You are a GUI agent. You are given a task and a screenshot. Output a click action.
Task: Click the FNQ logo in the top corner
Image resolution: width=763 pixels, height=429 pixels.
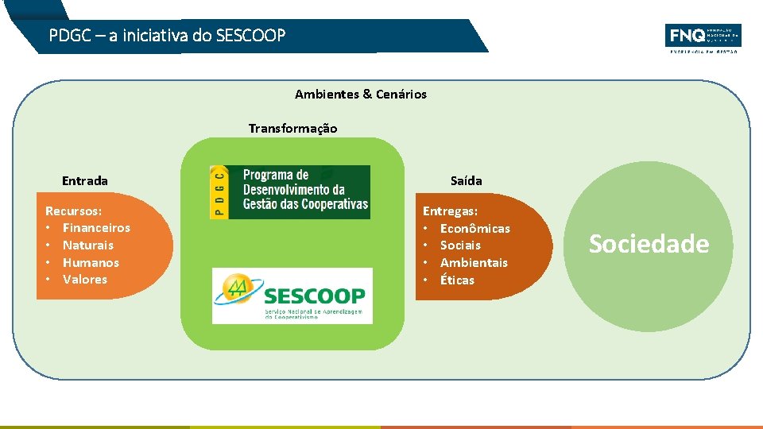click(703, 37)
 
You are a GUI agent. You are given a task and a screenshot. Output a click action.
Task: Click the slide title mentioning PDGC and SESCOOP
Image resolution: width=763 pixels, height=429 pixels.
click(167, 36)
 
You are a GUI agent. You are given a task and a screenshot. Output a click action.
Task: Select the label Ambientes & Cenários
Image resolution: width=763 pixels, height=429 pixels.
click(360, 95)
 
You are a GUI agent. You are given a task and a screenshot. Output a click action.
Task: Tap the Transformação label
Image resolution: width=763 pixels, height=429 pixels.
click(292, 129)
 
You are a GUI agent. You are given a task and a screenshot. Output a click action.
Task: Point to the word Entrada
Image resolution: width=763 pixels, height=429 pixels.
click(84, 181)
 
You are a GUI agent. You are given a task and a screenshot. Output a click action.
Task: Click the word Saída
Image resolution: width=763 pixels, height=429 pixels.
click(466, 181)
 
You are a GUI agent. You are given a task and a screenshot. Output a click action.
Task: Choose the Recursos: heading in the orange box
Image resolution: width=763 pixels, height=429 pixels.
click(73, 211)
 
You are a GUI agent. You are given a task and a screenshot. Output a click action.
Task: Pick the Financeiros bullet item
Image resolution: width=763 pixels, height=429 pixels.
click(96, 228)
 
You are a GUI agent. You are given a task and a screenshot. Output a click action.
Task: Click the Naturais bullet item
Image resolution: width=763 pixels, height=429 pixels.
click(88, 245)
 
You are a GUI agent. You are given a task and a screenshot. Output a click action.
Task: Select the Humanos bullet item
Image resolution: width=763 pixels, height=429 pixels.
click(91, 263)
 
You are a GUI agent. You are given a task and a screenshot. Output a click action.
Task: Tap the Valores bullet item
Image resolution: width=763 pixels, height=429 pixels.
click(85, 280)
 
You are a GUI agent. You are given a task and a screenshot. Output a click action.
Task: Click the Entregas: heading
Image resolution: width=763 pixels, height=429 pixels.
click(450, 211)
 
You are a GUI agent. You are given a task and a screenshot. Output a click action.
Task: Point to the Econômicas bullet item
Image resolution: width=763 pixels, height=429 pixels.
click(475, 229)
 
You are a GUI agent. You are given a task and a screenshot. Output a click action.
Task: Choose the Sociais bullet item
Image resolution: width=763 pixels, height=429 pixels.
click(460, 245)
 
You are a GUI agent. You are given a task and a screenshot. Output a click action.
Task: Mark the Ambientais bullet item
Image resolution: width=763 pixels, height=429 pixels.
click(474, 263)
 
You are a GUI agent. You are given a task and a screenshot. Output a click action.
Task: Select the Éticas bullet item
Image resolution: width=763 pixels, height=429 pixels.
click(457, 280)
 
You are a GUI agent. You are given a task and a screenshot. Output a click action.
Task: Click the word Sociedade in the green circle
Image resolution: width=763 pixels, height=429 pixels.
click(649, 244)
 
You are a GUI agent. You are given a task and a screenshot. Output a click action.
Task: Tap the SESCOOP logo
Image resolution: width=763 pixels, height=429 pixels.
click(292, 296)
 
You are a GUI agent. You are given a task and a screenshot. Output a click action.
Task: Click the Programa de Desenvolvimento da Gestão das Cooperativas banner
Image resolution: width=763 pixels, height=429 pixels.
click(304, 191)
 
